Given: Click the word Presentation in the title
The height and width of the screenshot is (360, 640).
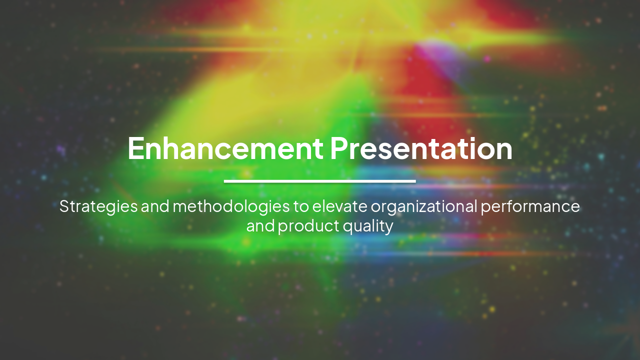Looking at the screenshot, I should (x=421, y=148).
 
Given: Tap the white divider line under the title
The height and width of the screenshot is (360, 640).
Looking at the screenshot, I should (x=320, y=181).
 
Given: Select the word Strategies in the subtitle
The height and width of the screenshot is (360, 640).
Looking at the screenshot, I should (x=98, y=206).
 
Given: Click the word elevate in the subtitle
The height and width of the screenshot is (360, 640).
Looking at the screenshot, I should (x=340, y=206).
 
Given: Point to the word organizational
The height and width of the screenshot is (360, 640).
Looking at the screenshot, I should (x=424, y=206).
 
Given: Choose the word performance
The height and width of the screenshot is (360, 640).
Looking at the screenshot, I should (x=530, y=206).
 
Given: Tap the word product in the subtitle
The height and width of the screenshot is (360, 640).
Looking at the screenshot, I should (x=308, y=226).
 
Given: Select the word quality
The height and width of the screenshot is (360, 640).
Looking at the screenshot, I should (x=368, y=226).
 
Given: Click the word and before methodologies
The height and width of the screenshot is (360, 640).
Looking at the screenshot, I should (x=155, y=206).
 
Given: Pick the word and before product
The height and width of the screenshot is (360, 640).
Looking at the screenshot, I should (x=260, y=226).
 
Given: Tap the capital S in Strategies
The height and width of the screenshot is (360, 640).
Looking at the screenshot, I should (x=64, y=206).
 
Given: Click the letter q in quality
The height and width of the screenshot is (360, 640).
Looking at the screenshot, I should (x=347, y=227).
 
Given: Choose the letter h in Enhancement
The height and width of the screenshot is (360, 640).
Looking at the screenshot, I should (x=169, y=148).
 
